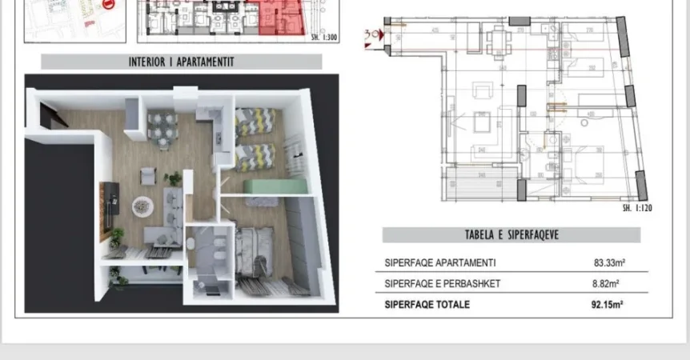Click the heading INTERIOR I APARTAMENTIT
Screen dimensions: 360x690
point(181,62)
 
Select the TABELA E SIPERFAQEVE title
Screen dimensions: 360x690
point(511,235)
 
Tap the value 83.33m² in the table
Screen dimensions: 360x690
point(608,262)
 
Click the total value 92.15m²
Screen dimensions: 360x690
point(608,304)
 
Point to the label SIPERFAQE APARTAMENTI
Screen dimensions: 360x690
point(439,262)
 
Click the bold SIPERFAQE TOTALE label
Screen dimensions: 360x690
point(427,304)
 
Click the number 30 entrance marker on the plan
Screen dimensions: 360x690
point(370,35)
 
